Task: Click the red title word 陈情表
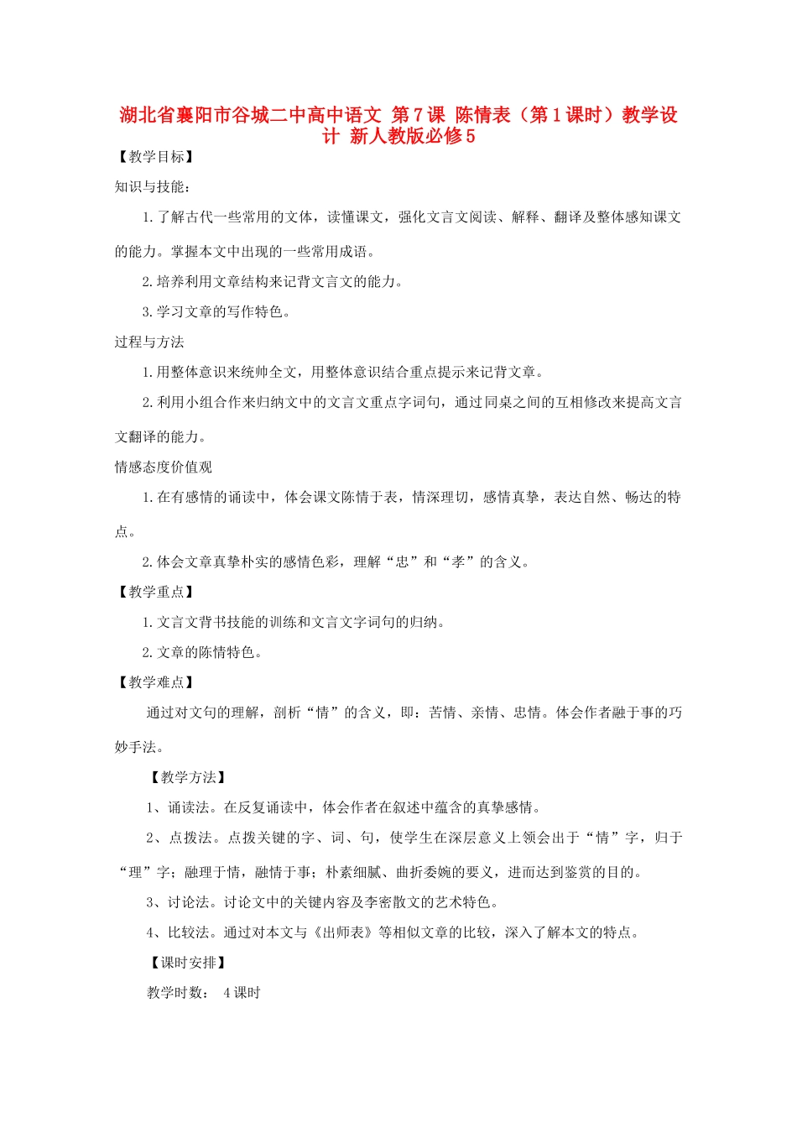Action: (482, 115)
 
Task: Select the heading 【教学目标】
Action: (156, 157)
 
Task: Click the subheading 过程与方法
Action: (149, 342)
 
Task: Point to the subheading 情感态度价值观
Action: (164, 467)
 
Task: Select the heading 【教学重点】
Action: (156, 593)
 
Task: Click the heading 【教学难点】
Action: (156, 683)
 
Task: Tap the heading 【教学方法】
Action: (188, 778)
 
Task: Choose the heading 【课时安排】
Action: (188, 963)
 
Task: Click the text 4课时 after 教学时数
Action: (242, 994)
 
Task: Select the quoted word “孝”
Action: (458, 562)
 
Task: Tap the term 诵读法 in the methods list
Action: (189, 808)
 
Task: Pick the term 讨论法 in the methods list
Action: (189, 903)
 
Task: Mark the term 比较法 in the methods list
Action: (189, 932)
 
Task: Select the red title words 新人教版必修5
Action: (412, 136)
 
